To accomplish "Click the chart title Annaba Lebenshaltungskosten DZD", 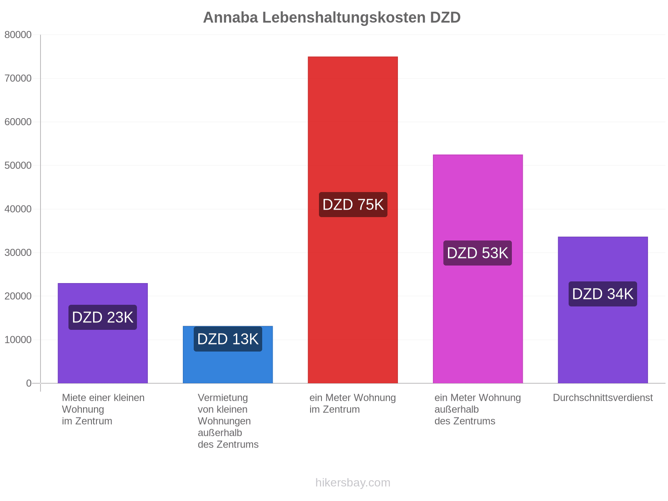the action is [x=331, y=18].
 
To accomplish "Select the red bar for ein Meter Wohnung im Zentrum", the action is [x=352, y=219].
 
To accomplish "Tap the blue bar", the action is [x=228, y=354].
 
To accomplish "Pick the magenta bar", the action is [x=478, y=268].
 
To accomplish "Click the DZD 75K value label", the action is [x=353, y=205].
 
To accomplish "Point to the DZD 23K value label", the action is [x=103, y=317].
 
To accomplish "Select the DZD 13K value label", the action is [x=228, y=339].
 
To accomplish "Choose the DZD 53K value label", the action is [x=477, y=253].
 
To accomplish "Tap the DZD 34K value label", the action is [x=602, y=294].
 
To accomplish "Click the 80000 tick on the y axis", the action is [x=18, y=35].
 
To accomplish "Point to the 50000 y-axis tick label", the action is [x=18, y=165].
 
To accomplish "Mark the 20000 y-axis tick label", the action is [x=18, y=296].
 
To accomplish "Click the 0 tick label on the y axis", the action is [x=29, y=383].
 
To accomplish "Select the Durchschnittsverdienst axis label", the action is [x=602, y=397].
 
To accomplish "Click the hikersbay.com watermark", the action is [x=353, y=482].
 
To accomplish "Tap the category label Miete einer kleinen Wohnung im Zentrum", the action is [x=103, y=409].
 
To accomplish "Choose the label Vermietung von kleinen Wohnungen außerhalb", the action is [x=224, y=415].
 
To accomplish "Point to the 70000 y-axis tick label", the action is [x=18, y=78].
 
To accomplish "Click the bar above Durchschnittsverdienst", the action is [x=602, y=310].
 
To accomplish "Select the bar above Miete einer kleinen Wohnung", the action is [x=103, y=333].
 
